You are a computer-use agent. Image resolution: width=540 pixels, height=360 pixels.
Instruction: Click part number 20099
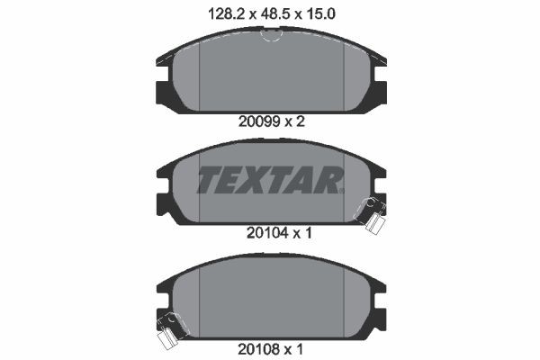click(x=255, y=122)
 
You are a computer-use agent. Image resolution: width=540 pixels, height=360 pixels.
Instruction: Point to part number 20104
click(x=255, y=231)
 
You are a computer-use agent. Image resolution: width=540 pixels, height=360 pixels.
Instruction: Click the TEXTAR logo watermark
click(x=270, y=181)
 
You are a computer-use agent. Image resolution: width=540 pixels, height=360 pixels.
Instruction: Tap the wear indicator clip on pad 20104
click(x=371, y=212)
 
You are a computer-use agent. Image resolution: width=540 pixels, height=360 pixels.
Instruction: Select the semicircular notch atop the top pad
click(x=270, y=36)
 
